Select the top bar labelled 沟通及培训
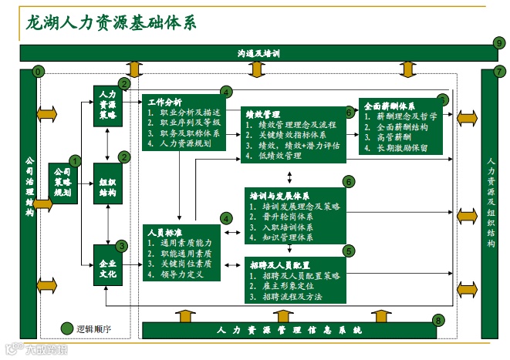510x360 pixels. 258,53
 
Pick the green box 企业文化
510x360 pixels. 107,266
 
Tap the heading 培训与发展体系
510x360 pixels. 279,196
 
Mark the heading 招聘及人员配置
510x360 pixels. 279,264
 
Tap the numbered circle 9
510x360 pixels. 499,42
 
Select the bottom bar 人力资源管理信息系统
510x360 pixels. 289,330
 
